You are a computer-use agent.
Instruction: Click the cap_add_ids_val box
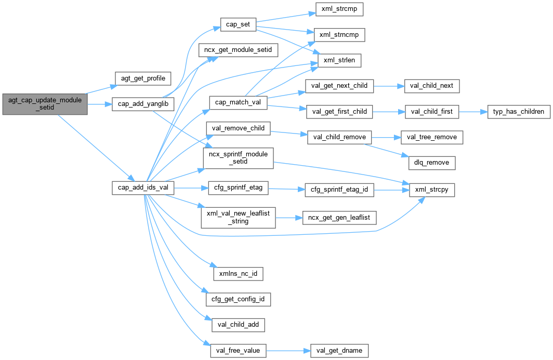click(x=142, y=188)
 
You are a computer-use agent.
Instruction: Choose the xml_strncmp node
click(x=338, y=35)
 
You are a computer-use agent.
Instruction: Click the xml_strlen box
click(x=335, y=61)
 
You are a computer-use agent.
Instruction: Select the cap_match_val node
click(x=238, y=102)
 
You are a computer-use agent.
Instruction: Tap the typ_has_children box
click(x=516, y=112)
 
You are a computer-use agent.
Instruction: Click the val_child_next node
click(x=432, y=86)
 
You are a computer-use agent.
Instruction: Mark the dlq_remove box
click(x=432, y=163)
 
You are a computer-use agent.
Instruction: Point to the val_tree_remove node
click(x=432, y=137)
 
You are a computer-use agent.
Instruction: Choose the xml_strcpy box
click(x=432, y=190)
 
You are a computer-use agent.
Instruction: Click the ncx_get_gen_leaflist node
click(x=339, y=217)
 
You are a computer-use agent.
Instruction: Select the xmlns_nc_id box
click(x=239, y=273)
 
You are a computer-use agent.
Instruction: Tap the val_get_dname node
click(x=339, y=351)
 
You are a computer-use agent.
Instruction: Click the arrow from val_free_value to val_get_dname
click(x=288, y=351)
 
